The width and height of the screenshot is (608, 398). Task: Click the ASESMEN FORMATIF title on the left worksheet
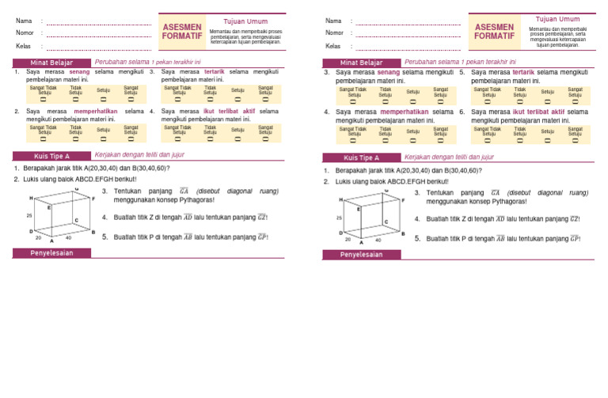pyautogui.click(x=181, y=32)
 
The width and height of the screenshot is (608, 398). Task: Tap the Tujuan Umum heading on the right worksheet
pyautogui.click(x=557, y=19)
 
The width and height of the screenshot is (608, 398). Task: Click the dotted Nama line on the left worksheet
pyautogui.click(x=99, y=22)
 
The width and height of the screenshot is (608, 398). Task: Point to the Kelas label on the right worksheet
pyautogui.click(x=333, y=46)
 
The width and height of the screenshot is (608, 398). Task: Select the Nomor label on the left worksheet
pyautogui.click(x=25, y=33)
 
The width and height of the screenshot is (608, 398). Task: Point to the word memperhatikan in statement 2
pyautogui.click(x=96, y=112)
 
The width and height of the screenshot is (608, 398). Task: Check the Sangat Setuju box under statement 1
pyautogui.click(x=131, y=100)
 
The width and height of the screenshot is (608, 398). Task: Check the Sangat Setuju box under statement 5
pyautogui.click(x=576, y=101)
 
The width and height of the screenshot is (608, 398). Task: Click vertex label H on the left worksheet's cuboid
pyautogui.click(x=31, y=197)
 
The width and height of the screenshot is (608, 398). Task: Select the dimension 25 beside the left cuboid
pyautogui.click(x=29, y=215)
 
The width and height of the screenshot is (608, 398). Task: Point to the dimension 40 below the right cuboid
pyautogui.click(x=378, y=239)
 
